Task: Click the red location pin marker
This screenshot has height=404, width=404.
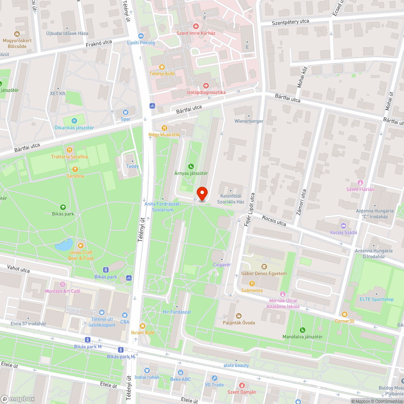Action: [202, 194]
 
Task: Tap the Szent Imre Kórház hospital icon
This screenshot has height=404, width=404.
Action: [196, 25]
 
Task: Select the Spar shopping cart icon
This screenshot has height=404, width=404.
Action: [126, 112]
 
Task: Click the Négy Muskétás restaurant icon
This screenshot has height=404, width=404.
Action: [164, 128]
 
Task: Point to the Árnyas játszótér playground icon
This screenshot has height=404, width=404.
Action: [191, 166]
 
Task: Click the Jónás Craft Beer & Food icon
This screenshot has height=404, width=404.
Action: [81, 245]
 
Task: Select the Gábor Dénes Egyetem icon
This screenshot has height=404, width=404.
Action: [264, 267]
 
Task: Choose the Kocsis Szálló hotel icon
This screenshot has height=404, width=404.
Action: [343, 225]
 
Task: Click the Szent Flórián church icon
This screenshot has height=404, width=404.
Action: [360, 182]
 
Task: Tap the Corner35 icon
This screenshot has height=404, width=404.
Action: [344, 314]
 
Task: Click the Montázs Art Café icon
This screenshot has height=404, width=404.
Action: [62, 284]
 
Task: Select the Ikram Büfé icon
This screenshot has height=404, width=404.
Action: [143, 326]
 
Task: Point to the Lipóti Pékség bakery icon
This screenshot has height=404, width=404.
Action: [141, 36]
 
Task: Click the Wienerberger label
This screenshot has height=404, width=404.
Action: [249, 121]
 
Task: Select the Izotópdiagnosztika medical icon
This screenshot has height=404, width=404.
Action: [206, 86]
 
